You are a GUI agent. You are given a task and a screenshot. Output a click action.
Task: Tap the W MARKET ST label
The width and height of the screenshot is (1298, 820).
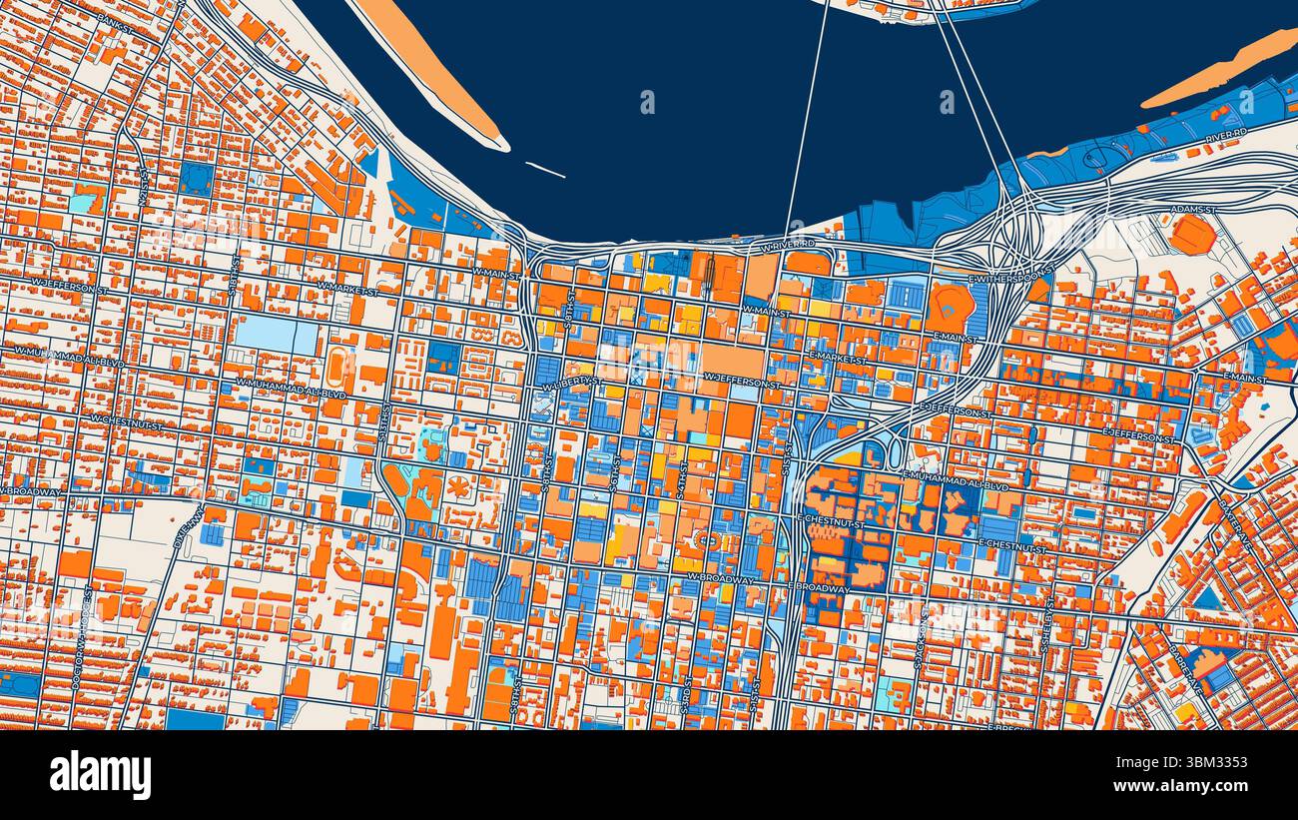click(x=347, y=289)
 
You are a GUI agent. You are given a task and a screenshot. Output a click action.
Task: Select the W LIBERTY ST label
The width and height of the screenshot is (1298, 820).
click(x=572, y=382)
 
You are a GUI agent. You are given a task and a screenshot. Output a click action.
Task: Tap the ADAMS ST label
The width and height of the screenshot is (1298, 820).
click(x=1194, y=210)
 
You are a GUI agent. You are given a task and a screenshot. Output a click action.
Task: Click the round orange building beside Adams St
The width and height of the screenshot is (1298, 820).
click(x=1192, y=236)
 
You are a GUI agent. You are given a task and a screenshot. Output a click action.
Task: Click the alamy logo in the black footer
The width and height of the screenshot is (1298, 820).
click(x=100, y=775)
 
